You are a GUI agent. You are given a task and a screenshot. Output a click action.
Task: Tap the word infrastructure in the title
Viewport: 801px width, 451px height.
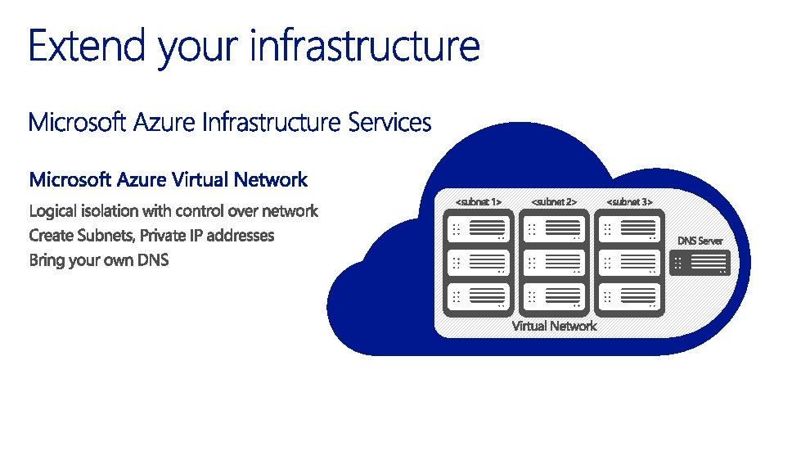point(364,46)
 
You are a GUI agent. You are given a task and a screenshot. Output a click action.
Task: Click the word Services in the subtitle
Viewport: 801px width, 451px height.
point(389,123)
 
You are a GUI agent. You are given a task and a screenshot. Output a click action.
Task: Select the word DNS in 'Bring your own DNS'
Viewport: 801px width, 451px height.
point(151,261)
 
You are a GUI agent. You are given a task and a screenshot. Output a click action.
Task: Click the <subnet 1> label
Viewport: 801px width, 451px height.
point(478,201)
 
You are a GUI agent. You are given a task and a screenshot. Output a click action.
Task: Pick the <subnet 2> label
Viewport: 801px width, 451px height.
point(554,201)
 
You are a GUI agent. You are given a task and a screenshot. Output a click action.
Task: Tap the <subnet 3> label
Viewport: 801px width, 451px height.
point(629,201)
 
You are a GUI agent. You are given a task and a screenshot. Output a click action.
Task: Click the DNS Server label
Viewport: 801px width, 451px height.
point(700,241)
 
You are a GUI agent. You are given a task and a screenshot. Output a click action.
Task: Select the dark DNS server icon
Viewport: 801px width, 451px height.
point(700,263)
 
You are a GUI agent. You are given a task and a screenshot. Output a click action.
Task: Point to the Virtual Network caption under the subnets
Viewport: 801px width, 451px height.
point(554,326)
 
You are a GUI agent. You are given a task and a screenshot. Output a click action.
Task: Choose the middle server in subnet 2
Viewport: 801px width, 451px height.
point(554,262)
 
